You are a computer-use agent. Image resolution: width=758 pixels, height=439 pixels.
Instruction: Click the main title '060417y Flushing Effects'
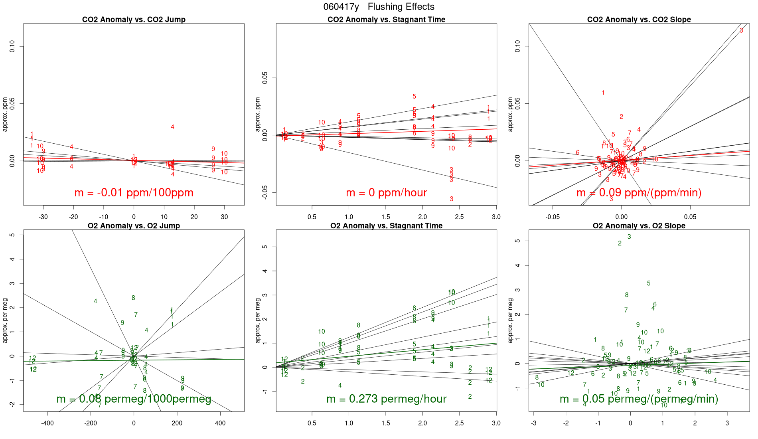(379, 7)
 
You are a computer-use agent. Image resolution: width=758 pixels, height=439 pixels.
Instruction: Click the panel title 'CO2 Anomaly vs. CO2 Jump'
(134, 20)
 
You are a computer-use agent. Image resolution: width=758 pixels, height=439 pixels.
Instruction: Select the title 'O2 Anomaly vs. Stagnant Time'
(386, 226)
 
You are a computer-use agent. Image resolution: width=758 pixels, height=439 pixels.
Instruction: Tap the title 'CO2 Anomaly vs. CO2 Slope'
(639, 20)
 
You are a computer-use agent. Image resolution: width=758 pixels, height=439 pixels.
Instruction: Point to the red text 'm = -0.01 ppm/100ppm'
(134, 193)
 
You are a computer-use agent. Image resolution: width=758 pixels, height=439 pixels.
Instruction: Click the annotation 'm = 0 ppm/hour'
(386, 193)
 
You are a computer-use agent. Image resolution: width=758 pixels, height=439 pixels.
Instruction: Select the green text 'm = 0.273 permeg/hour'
(386, 399)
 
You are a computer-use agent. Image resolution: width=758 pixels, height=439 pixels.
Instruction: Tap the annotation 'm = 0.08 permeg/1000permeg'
(134, 399)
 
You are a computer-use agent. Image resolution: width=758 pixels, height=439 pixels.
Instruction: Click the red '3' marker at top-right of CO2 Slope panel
(741, 31)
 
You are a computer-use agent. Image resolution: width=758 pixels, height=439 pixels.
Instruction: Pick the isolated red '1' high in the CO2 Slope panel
(603, 93)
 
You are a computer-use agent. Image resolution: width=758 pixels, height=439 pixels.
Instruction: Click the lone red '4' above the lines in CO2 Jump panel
(172, 127)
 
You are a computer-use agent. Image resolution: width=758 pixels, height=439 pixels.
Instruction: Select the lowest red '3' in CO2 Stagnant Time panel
(452, 199)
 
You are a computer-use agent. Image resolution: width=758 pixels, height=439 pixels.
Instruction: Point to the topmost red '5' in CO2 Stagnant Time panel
(415, 97)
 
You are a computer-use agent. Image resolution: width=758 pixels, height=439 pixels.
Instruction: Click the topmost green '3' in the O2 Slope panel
(629, 237)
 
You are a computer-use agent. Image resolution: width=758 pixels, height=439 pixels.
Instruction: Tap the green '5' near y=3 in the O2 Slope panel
(649, 283)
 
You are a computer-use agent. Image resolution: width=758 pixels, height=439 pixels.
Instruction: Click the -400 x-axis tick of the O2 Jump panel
(47, 423)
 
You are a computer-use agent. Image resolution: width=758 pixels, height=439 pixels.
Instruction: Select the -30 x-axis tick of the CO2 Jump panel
(43, 217)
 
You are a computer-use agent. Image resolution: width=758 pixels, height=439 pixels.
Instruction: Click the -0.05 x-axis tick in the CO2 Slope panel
(553, 217)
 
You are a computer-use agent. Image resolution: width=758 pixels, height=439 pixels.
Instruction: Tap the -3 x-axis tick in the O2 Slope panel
(534, 423)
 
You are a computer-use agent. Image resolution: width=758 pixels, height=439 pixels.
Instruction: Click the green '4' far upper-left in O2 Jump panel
(95, 301)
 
